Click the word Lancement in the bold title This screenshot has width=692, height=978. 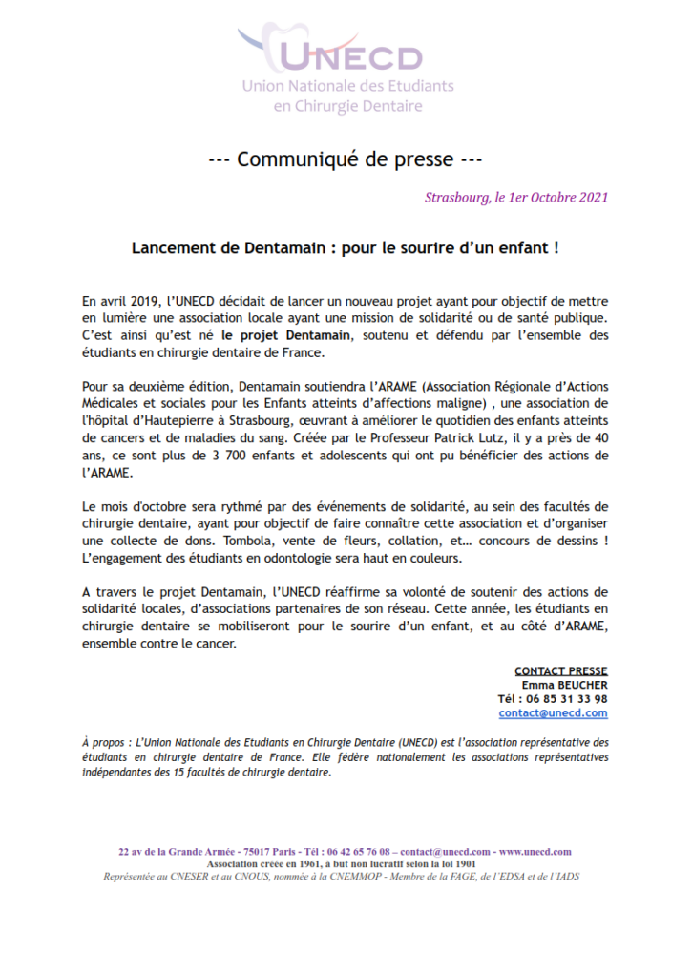171,247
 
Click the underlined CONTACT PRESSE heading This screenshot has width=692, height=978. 561,671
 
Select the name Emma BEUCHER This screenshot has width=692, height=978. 564,685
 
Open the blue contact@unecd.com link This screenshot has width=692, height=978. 553,713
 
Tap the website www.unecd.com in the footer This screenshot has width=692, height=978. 535,852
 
